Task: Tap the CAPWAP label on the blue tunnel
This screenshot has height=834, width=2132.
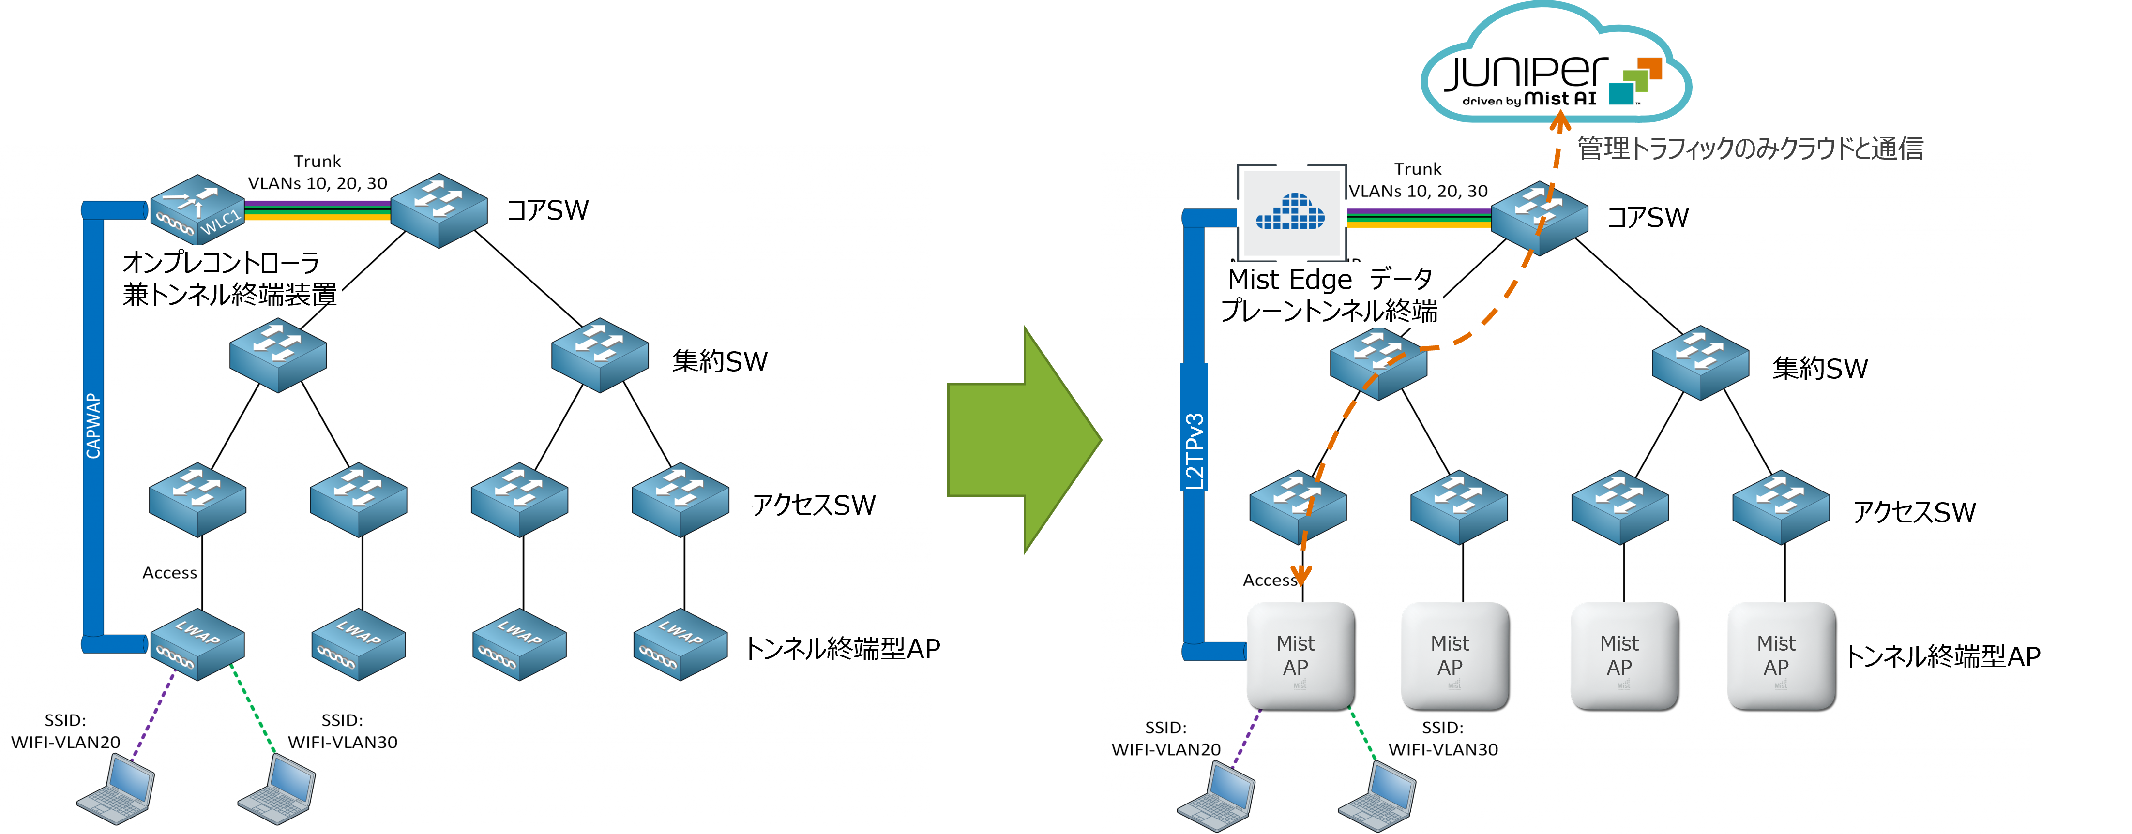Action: point(93,426)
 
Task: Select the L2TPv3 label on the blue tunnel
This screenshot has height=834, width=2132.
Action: point(1195,451)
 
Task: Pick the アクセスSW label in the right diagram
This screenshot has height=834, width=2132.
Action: point(1914,513)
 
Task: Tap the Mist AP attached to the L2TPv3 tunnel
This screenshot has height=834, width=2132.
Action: point(1300,656)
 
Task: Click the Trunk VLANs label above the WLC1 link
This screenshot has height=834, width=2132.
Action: point(318,173)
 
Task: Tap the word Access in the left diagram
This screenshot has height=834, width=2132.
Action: point(170,573)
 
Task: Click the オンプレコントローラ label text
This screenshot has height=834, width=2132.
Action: point(222,263)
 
